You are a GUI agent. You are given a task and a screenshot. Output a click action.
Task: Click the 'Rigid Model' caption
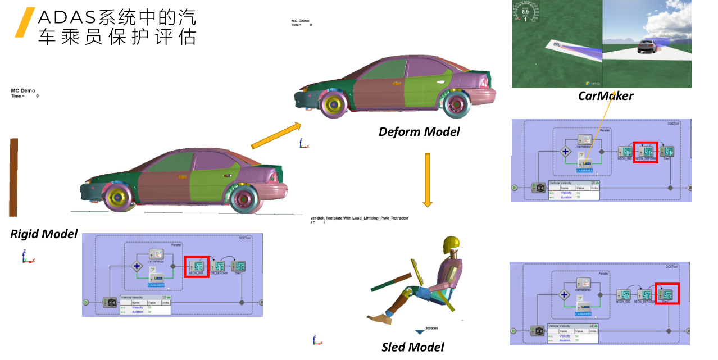pyautogui.click(x=44, y=234)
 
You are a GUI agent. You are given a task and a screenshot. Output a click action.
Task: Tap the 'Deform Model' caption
pyautogui.click(x=419, y=132)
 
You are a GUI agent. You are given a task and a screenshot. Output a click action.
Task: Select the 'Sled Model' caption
pyautogui.click(x=413, y=347)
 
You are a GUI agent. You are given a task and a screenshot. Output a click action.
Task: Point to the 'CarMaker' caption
pyautogui.click(x=606, y=96)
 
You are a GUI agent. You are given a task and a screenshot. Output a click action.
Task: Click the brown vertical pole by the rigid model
pyautogui.click(x=13, y=177)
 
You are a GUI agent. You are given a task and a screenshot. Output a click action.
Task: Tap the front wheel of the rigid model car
pyautogui.click(x=120, y=198)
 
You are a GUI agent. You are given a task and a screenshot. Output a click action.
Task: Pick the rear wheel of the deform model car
pyautogui.click(x=456, y=103)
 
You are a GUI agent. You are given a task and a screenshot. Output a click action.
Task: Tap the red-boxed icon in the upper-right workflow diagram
pyautogui.click(x=646, y=152)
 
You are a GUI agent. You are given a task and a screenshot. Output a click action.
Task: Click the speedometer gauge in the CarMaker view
pyautogui.click(x=525, y=12)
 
